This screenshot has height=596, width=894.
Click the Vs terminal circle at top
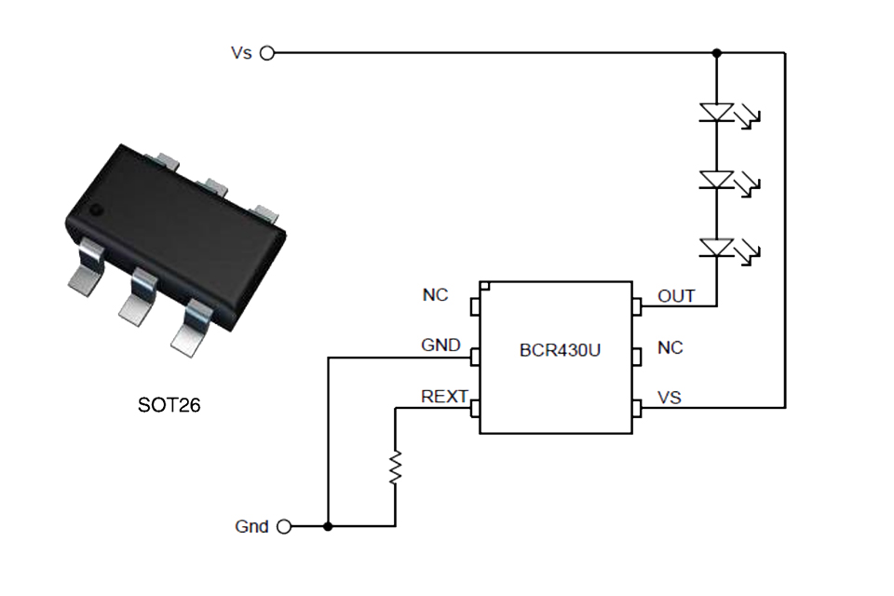267,53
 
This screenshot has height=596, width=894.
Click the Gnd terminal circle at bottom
283,526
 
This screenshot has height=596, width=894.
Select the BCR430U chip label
559,351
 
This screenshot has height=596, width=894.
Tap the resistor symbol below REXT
396,467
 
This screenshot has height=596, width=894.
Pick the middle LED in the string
717,180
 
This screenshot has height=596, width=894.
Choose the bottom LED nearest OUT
717,247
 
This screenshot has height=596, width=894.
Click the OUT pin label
676,296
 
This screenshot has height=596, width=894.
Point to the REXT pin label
444,397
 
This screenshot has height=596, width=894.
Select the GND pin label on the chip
440,345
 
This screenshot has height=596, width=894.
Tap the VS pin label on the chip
670,398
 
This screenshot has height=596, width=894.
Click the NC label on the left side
435,295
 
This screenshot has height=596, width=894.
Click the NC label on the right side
670,347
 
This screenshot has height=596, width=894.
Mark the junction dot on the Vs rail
716,53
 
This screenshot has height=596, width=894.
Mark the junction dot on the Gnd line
328,526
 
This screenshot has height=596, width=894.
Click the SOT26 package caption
169,406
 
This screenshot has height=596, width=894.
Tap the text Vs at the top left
241,53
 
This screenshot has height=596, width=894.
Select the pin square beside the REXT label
475,408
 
